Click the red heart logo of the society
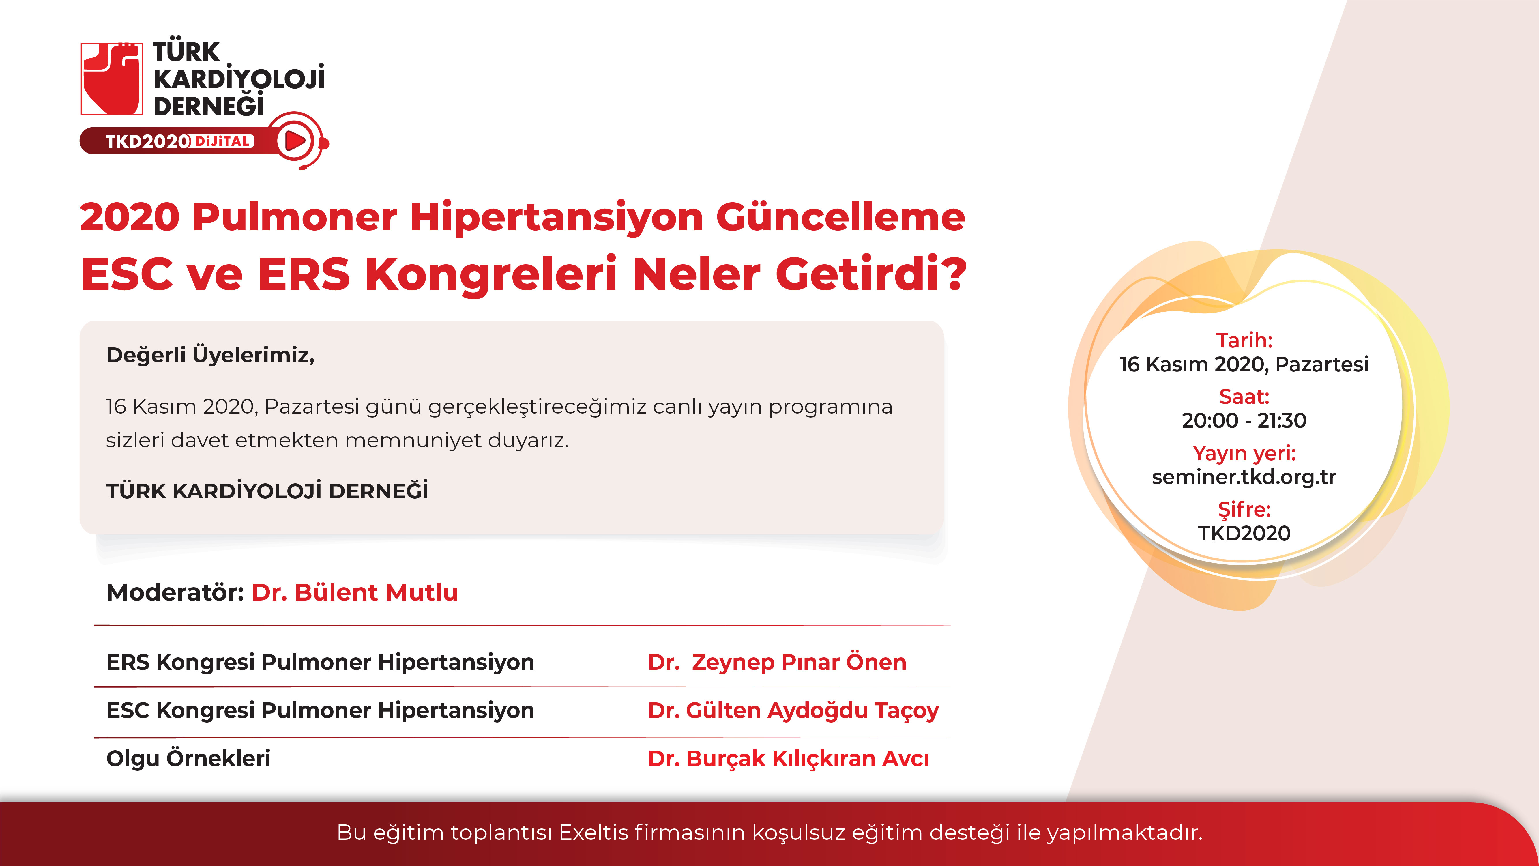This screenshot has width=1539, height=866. pyautogui.click(x=112, y=78)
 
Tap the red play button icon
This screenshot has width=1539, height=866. pyautogui.click(x=295, y=141)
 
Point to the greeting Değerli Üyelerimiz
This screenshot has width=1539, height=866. pyautogui.click(x=210, y=355)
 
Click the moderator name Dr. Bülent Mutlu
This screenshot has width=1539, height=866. pyautogui.click(x=355, y=592)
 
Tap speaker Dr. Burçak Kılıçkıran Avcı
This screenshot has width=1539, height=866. pyautogui.click(x=789, y=758)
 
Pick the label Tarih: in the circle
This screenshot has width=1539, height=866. pyautogui.click(x=1244, y=340)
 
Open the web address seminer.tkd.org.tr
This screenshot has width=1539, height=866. pyautogui.click(x=1244, y=477)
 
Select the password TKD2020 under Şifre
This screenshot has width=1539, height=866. pyautogui.click(x=1244, y=533)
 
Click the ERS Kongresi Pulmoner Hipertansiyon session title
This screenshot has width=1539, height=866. pyautogui.click(x=320, y=662)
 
